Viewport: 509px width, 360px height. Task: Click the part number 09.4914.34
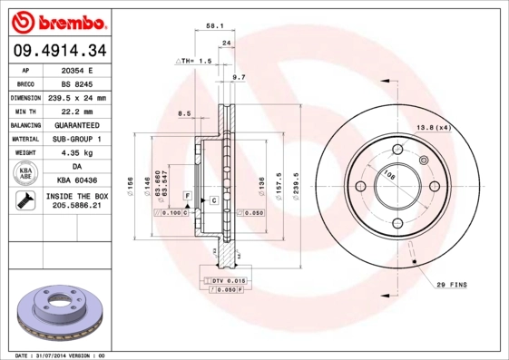[60, 50]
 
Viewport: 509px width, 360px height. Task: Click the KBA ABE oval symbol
[26, 174]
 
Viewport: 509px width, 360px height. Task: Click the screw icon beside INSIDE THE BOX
[24, 201]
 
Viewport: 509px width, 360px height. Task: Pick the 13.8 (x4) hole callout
[433, 128]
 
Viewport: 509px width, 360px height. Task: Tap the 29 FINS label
[450, 285]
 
